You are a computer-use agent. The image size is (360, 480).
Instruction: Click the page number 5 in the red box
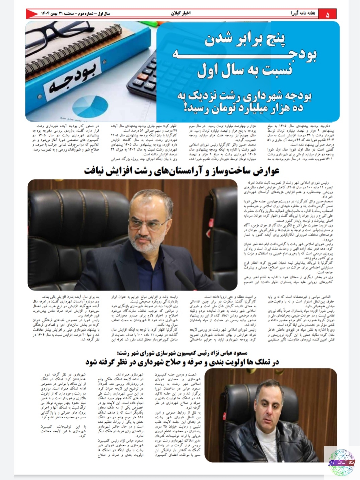[327, 14]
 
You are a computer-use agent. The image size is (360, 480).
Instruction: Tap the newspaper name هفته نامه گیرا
[304, 14]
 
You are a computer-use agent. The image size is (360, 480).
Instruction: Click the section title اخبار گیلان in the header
[181, 14]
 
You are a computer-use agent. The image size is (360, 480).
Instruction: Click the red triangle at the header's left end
[32, 14]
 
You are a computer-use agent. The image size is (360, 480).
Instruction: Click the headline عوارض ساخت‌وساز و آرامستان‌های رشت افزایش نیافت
[182, 171]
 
